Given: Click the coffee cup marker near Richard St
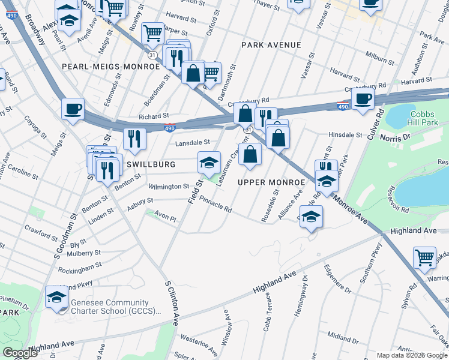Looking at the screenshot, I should pyautogui.click(x=73, y=109).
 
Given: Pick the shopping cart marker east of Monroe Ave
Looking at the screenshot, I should pyautogui.click(x=424, y=257).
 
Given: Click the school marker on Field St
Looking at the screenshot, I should pyautogui.click(x=209, y=162).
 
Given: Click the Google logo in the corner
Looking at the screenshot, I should pyautogui.click(x=20, y=353).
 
